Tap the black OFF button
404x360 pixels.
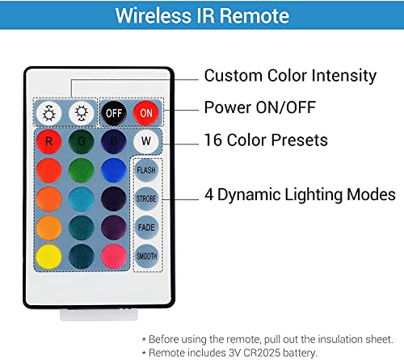114,113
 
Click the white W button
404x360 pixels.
146,141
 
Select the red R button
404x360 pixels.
48,141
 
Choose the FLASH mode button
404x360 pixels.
146,170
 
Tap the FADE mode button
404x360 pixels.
146,228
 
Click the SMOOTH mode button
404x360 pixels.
146,256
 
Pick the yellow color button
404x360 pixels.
48,257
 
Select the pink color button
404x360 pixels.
114,257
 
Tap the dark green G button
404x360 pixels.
82,141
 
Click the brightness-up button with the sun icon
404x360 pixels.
48,113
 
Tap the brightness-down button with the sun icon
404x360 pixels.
82,113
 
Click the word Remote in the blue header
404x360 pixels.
255,15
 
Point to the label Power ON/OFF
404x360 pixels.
260,107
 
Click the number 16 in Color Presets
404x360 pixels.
213,140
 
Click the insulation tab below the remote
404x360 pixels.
99,315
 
